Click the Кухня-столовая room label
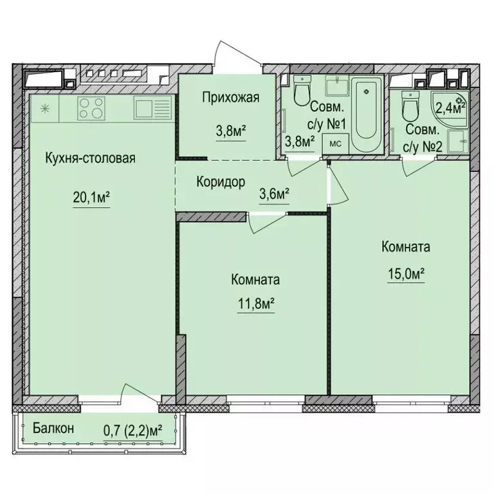click(x=89, y=158)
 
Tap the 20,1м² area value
click(x=90, y=197)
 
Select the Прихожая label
click(x=230, y=98)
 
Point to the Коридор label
click(x=221, y=182)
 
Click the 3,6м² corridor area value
click(x=273, y=192)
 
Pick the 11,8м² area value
click(x=257, y=301)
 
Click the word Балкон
click(x=53, y=428)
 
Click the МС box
click(x=335, y=143)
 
